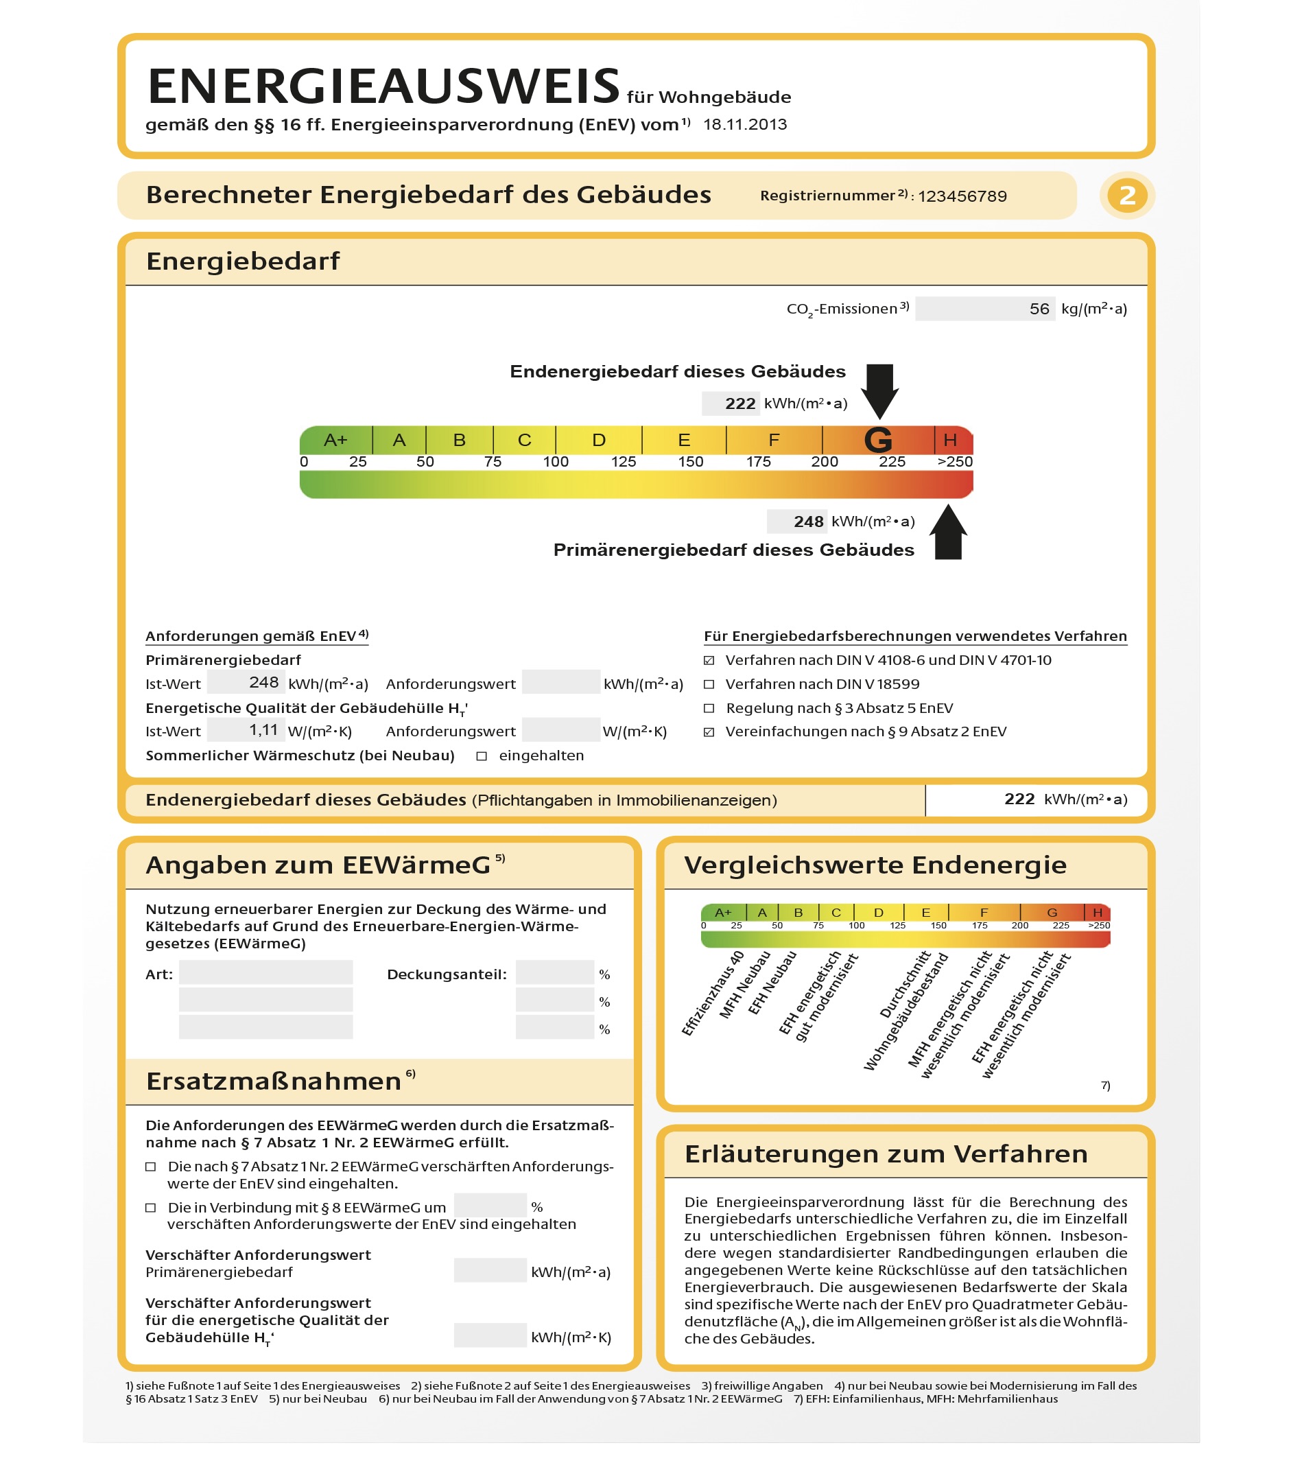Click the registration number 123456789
962,196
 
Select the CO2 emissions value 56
1039,309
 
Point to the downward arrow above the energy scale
879,390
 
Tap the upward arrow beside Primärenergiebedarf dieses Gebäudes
948,532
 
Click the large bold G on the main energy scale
878,440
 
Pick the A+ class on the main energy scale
335,440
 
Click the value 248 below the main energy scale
808,522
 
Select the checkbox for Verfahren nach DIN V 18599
709,684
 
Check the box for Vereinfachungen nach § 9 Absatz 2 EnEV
709,732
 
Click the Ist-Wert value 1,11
263,730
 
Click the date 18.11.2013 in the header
745,124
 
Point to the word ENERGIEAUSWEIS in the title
383,86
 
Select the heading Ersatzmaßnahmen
273,1081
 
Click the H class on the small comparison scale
1097,913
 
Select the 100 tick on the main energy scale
555,462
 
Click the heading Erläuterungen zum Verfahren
886,1154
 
